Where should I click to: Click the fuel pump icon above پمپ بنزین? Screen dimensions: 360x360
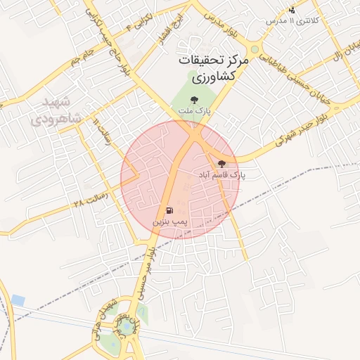click(169, 210)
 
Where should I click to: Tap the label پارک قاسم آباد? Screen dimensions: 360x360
click(223, 174)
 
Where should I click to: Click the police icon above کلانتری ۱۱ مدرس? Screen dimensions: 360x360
click(292, 10)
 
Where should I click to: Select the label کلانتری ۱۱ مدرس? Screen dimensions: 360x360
click(292, 20)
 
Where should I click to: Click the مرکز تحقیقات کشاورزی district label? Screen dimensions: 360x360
click(212, 68)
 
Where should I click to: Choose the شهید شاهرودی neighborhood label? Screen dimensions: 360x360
click(57, 108)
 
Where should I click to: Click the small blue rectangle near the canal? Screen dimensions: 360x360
click(18, 300)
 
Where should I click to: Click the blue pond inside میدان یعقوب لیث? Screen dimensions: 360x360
click(127, 326)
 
